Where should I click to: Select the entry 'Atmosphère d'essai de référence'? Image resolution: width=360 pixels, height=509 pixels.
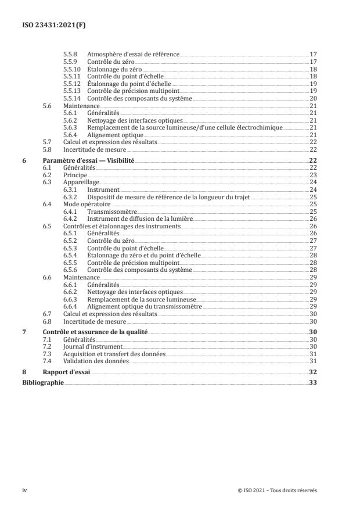[x=133, y=53]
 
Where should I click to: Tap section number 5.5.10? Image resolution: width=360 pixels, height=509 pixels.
[x=71, y=69]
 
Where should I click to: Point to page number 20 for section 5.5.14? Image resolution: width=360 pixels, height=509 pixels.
[x=312, y=99]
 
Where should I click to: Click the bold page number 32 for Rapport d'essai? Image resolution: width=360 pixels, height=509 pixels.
[x=312, y=372]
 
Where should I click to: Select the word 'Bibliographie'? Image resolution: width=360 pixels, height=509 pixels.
[x=42, y=383]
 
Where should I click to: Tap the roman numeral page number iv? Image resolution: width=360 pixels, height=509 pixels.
[x=24, y=490]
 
